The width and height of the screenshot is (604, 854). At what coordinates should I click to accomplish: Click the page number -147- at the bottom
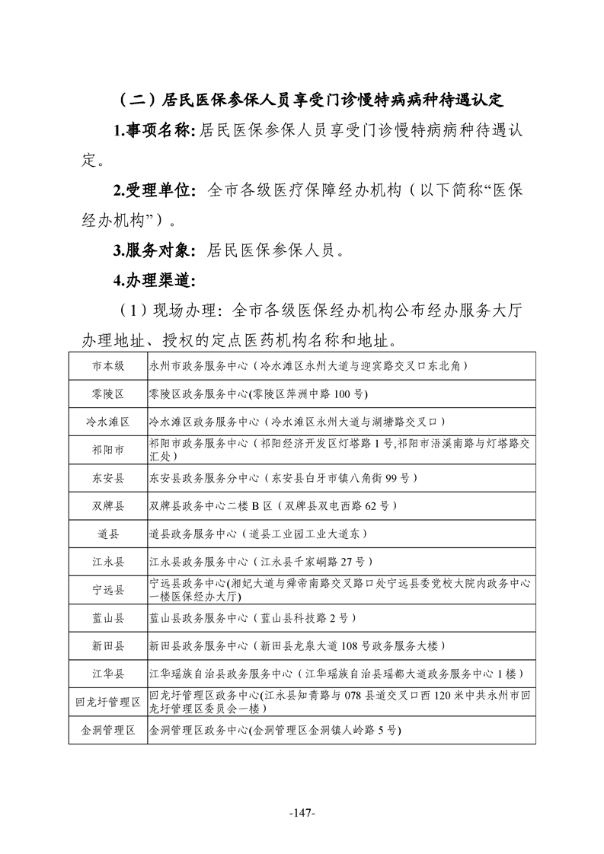pos(302,813)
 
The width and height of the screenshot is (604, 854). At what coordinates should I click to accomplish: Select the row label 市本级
pos(108,365)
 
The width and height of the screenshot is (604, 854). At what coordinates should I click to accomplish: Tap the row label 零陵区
pos(108,394)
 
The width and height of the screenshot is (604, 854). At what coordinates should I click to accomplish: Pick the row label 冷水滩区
pos(108,421)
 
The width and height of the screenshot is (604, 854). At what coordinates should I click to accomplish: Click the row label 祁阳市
pos(108,449)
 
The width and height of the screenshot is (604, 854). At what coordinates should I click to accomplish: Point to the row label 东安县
pos(108,477)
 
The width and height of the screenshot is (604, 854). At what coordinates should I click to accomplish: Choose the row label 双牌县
pos(108,505)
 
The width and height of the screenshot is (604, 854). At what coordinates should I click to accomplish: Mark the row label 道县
pos(108,534)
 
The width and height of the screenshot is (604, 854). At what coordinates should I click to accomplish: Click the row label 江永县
pos(108,562)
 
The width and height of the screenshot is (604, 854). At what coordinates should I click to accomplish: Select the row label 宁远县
pos(108,589)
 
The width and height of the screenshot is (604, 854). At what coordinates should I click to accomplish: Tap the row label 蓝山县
pos(108,617)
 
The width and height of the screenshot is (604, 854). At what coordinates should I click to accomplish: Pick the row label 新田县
pos(108,645)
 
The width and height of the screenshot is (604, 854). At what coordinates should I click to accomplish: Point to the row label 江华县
pos(108,674)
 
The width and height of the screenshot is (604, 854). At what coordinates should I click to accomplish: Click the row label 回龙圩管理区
pos(108,702)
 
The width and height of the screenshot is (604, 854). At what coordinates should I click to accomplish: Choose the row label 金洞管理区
pos(108,730)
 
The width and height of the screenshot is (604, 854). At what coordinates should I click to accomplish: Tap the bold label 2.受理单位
pos(155,190)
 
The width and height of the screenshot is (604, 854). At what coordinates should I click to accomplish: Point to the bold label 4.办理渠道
pos(155,279)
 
